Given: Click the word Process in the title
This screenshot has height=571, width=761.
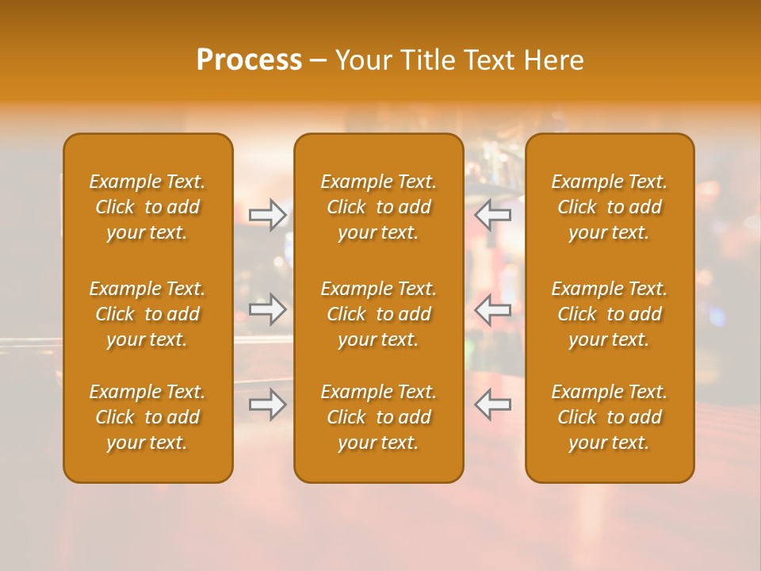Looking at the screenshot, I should (x=249, y=59).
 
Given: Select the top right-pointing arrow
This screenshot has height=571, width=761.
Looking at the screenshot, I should (x=267, y=215).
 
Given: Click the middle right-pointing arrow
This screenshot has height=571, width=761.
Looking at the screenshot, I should (x=267, y=309).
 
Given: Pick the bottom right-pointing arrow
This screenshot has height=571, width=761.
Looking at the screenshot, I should (x=267, y=404).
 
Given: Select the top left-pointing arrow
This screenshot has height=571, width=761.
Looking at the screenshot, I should (x=493, y=215).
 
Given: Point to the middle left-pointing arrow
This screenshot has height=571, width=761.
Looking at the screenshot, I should (x=493, y=309).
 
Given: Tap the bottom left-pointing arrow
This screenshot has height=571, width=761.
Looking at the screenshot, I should (x=493, y=404).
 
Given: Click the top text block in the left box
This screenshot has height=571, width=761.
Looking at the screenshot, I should (x=147, y=207).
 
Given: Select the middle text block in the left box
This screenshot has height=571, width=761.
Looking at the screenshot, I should (x=147, y=314).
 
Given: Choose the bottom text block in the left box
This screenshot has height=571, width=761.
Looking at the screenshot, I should (x=147, y=417).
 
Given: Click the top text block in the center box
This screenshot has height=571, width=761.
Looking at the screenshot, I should (x=379, y=207).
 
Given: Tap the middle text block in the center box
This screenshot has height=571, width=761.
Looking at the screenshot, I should (x=379, y=314).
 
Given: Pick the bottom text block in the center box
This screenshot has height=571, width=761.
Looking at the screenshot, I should (x=379, y=417).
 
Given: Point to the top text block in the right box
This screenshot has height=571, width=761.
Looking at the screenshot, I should (x=610, y=207).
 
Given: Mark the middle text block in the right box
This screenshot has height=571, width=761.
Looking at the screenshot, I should (x=610, y=314).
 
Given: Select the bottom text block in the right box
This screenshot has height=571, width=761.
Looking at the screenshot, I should (x=610, y=417).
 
